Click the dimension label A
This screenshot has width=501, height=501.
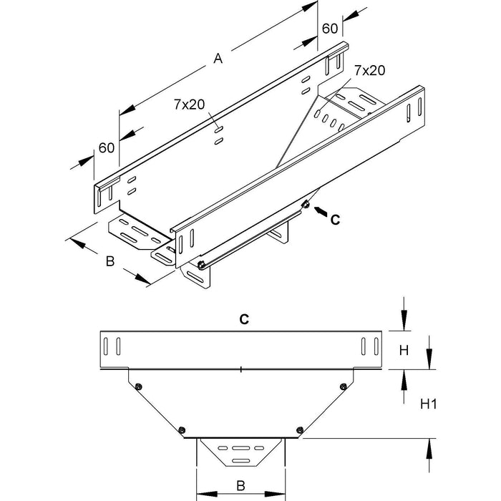[x=218, y=60]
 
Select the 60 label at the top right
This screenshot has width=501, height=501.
[x=330, y=29]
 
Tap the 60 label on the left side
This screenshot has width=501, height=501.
[x=106, y=147]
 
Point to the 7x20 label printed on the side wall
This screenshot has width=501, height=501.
[x=190, y=104]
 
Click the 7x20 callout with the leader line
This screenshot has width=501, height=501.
[x=369, y=70]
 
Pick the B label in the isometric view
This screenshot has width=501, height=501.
[x=110, y=262]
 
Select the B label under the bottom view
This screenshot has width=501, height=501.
[x=241, y=486]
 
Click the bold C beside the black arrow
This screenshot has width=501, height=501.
[x=334, y=220]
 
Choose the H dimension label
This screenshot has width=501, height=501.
[x=404, y=350]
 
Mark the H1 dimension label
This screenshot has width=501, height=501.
[x=428, y=404]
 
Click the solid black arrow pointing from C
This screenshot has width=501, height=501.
[x=318, y=213]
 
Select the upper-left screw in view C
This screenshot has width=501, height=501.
[x=138, y=386]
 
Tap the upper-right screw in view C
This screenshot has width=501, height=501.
[x=345, y=386]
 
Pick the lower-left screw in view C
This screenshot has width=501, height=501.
[x=183, y=429]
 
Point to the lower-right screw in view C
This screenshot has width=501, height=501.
[x=300, y=429]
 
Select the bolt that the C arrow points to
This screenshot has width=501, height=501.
[x=306, y=205]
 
